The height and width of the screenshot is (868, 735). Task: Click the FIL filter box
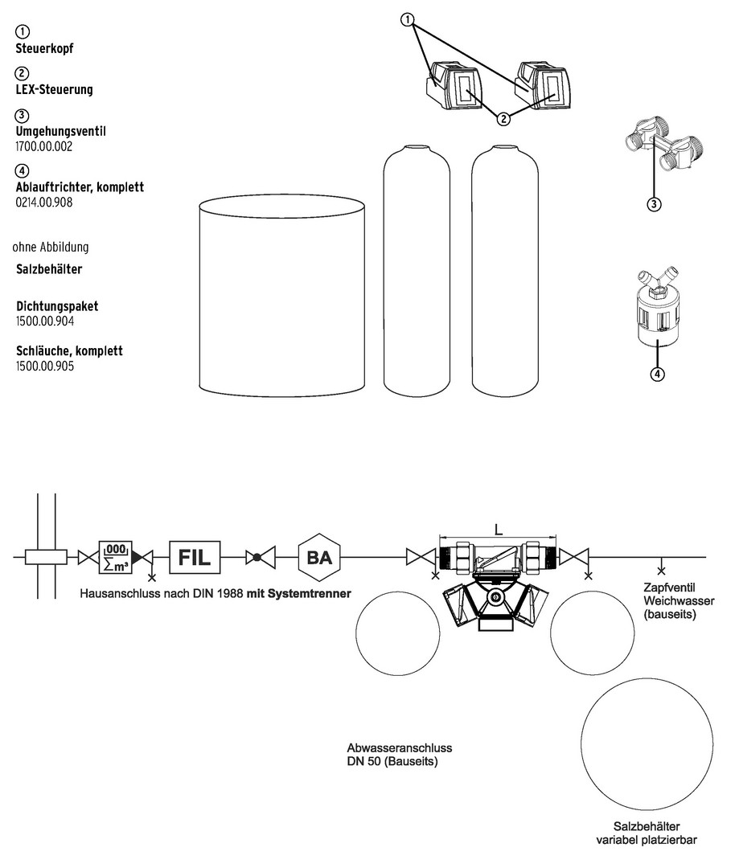tap(195, 556)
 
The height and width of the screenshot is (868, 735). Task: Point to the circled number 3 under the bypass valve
tap(654, 204)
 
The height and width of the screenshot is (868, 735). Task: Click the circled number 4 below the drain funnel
tap(657, 374)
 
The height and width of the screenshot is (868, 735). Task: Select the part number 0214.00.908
tap(44, 203)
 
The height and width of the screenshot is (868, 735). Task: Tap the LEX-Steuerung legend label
tap(54, 89)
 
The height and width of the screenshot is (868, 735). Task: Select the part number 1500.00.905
tap(45, 366)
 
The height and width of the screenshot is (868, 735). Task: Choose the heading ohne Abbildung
tap(51, 247)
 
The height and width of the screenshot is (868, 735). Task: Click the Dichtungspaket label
tap(57, 307)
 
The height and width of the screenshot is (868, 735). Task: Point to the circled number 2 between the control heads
tap(503, 120)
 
